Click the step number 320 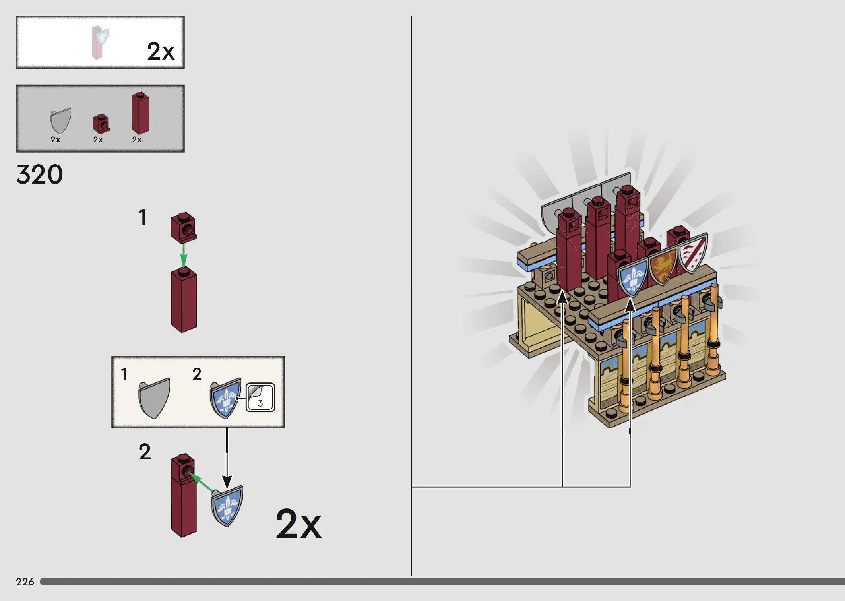pyautogui.click(x=39, y=174)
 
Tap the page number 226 pyautogui.click(x=25, y=582)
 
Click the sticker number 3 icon pyautogui.click(x=260, y=397)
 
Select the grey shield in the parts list pyautogui.click(x=60, y=121)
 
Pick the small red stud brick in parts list pyautogui.click(x=101, y=124)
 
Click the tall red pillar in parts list pyautogui.click(x=140, y=113)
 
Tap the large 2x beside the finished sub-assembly pyautogui.click(x=298, y=523)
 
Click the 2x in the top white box pyautogui.click(x=161, y=51)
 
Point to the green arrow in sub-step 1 pyautogui.click(x=183, y=255)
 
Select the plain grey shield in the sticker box pyautogui.click(x=154, y=398)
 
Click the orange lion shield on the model pyautogui.click(x=663, y=265)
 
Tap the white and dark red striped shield pyautogui.click(x=692, y=253)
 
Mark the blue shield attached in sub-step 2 pyautogui.click(x=227, y=506)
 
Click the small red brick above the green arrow pyautogui.click(x=184, y=228)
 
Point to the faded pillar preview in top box pyautogui.click(x=99, y=42)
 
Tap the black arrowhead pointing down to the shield pyautogui.click(x=227, y=482)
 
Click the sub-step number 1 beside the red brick pyautogui.click(x=142, y=217)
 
